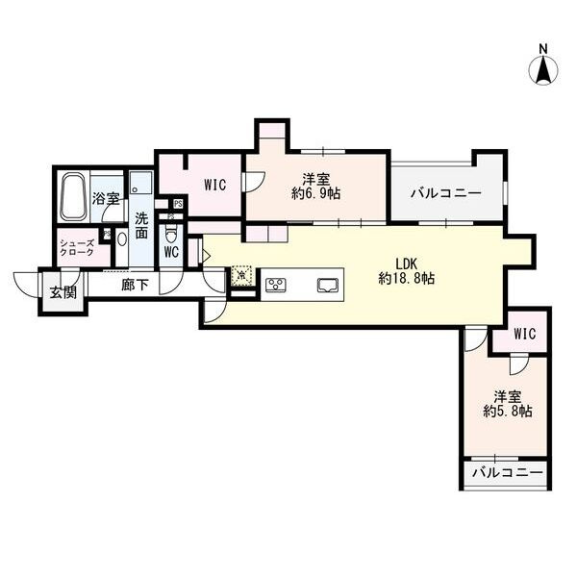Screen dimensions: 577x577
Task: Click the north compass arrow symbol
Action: point(543,69)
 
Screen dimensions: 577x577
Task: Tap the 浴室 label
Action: point(105,198)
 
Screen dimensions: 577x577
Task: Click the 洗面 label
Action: point(141,224)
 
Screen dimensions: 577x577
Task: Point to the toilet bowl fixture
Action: point(172,234)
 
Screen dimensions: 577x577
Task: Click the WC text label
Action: point(171,253)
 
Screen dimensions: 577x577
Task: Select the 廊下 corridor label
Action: point(134,286)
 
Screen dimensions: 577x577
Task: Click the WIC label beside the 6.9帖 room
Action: point(214,185)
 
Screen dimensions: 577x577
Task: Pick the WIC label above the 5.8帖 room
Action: point(524,334)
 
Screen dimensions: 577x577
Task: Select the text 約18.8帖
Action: point(406,279)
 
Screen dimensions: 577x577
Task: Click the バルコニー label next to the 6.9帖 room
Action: point(445,193)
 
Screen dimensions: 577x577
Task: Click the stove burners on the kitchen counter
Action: point(275,284)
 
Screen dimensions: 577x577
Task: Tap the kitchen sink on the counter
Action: point(327,284)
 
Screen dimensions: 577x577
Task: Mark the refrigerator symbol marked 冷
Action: point(240,275)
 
